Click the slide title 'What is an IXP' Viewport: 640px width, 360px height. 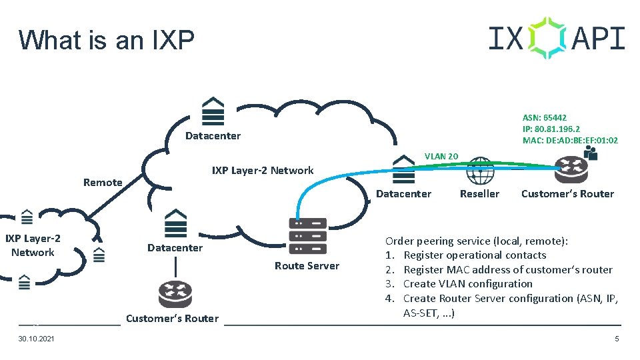point(107,40)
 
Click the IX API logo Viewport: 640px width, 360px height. point(557,38)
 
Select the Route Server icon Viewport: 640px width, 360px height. point(307,236)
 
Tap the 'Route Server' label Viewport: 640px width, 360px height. point(307,266)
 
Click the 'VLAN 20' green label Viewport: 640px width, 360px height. point(441,156)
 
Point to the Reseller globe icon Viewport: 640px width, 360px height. point(480,171)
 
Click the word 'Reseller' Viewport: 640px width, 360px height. point(479,194)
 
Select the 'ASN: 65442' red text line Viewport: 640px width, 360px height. point(545,117)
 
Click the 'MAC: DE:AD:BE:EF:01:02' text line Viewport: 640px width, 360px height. point(570,141)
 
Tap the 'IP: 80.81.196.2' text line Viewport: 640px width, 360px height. point(551,129)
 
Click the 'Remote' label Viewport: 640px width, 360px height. point(103,183)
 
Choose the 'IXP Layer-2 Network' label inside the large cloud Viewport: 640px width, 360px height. point(262,171)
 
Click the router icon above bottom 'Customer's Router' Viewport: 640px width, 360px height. point(175,294)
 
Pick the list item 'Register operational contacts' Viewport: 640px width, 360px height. point(475,255)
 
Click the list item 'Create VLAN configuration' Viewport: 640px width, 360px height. point(468,284)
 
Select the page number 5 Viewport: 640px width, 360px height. point(617,340)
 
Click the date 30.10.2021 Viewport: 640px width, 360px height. point(37,340)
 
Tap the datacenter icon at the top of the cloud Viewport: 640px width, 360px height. point(213,112)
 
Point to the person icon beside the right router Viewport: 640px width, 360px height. point(590,153)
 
